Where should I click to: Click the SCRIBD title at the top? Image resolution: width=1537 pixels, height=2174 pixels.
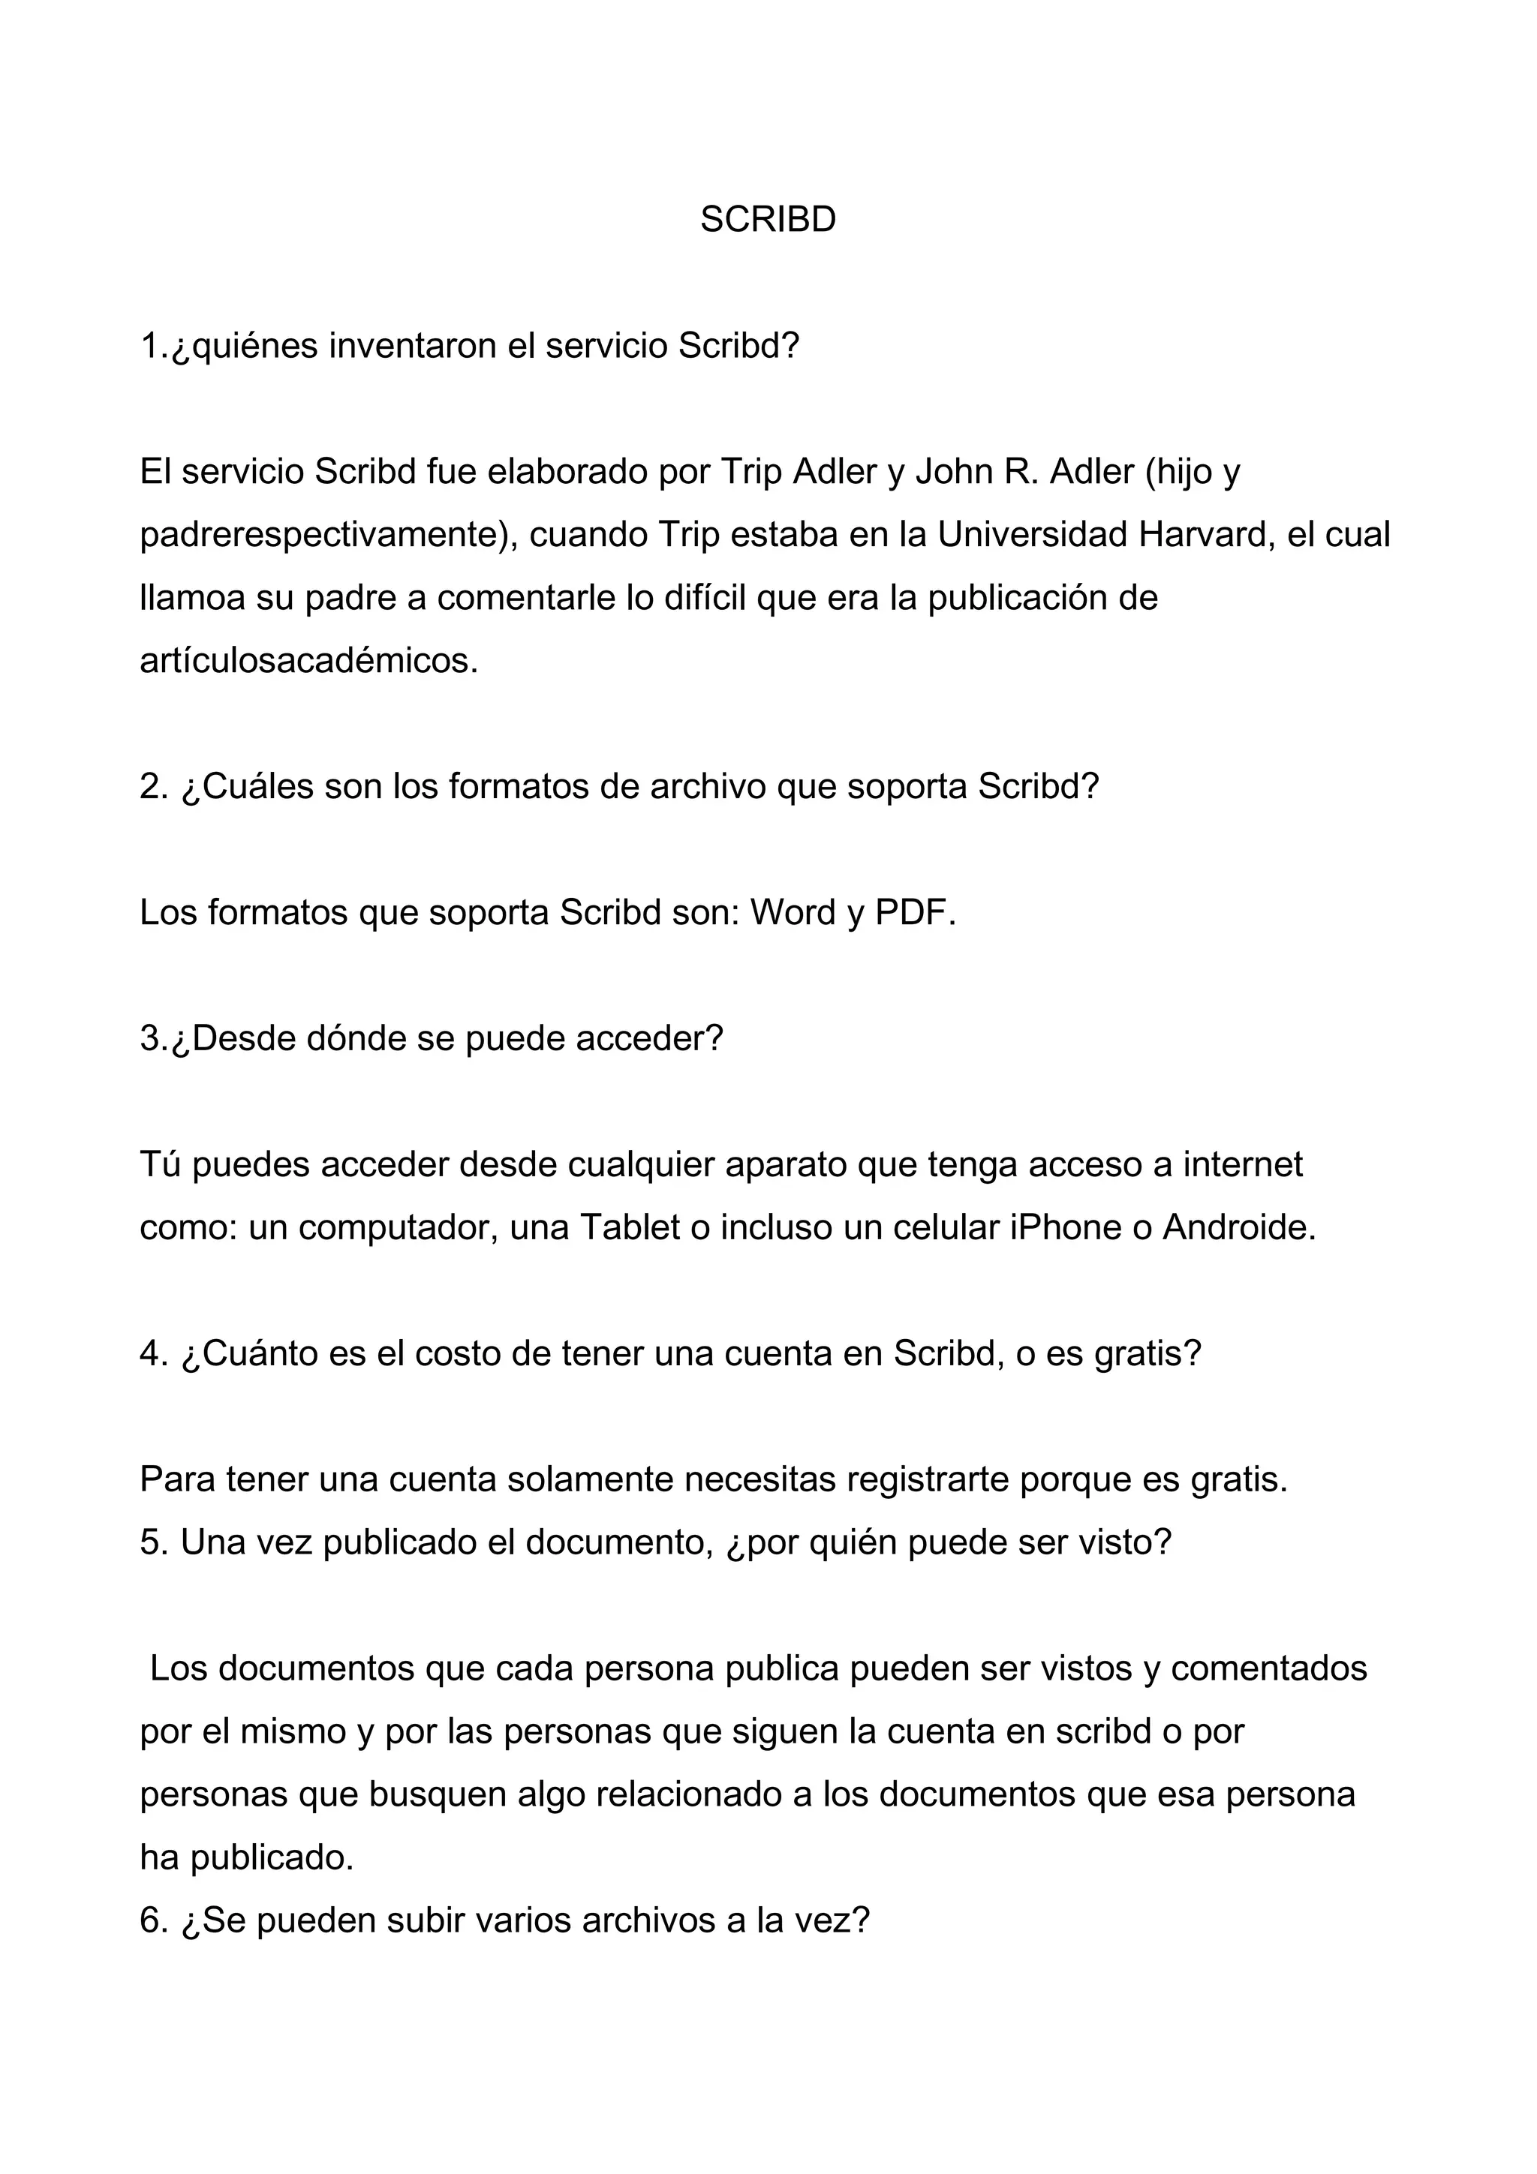click(767, 220)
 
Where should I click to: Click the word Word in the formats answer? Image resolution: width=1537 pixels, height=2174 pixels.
click(793, 913)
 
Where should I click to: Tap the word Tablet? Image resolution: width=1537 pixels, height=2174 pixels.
click(630, 1228)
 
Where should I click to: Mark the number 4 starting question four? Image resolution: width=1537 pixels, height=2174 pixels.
click(149, 1354)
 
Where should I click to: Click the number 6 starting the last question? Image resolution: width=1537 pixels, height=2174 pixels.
click(149, 1920)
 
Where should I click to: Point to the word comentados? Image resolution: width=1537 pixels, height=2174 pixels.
click(1268, 1668)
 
